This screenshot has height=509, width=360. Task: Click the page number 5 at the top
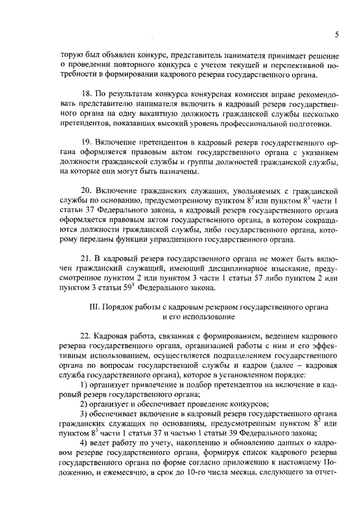click(x=336, y=34)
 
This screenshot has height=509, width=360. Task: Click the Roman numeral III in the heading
click(x=95, y=308)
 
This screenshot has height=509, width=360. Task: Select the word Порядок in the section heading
click(x=125, y=308)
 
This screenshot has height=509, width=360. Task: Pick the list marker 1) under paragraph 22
click(x=85, y=384)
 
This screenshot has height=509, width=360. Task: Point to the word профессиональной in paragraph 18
click(x=258, y=124)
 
